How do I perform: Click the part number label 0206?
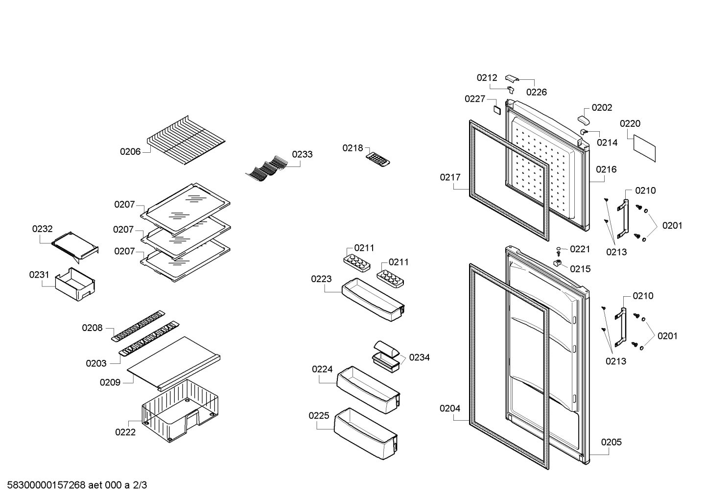130,152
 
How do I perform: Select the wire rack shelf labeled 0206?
186,140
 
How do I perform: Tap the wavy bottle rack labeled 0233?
267,169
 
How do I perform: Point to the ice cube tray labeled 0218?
378,160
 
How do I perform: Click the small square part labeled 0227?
497,110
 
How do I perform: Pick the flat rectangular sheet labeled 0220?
644,148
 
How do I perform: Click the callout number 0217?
450,177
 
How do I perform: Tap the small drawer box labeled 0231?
75,284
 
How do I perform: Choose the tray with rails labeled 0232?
75,247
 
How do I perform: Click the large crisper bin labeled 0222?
180,410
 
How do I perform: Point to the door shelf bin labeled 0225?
366,433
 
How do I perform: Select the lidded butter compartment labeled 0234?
386,356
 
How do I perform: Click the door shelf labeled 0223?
373,300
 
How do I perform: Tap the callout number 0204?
450,408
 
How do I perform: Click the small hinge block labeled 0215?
558,262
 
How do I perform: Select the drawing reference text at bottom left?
77,485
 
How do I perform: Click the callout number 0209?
110,382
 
